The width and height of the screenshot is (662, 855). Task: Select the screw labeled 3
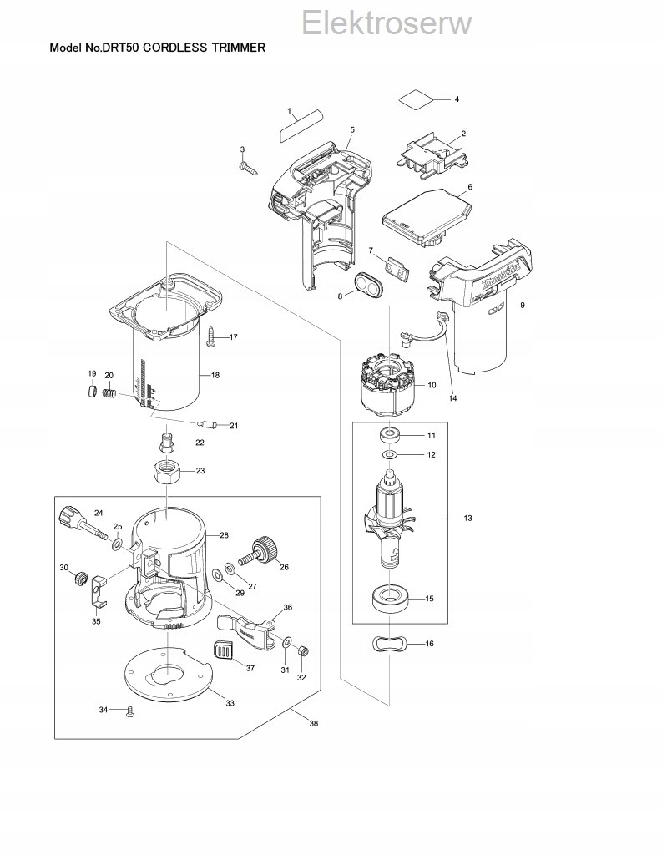tap(248, 167)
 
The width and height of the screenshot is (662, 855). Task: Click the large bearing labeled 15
tap(390, 598)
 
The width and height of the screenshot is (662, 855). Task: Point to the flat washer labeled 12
tap(390, 455)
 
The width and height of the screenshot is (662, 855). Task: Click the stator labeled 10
tap(389, 387)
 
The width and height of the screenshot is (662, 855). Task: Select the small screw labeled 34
tap(129, 711)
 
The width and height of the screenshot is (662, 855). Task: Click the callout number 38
tap(313, 723)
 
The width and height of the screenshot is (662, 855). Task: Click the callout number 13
tap(467, 519)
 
